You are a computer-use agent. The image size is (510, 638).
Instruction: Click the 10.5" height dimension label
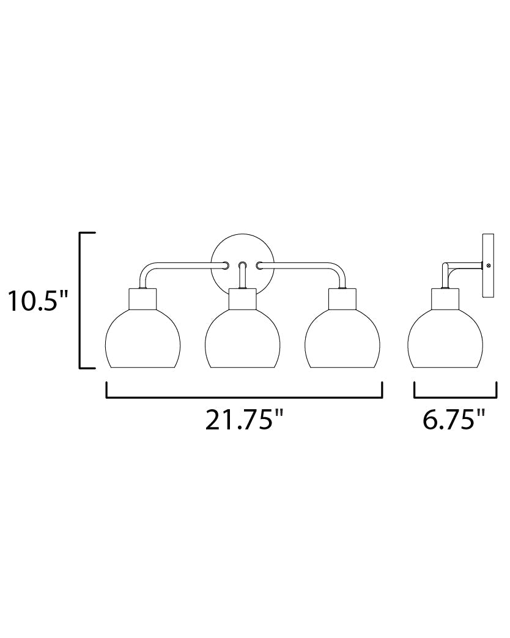pyautogui.click(x=37, y=301)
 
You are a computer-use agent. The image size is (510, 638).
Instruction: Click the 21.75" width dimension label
pyautogui.click(x=243, y=420)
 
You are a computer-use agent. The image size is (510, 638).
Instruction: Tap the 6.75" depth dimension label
pyautogui.click(x=454, y=420)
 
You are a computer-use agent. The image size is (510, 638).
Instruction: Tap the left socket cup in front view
pyautogui.click(x=142, y=299)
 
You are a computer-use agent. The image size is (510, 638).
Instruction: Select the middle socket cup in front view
pyautogui.click(x=242, y=299)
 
